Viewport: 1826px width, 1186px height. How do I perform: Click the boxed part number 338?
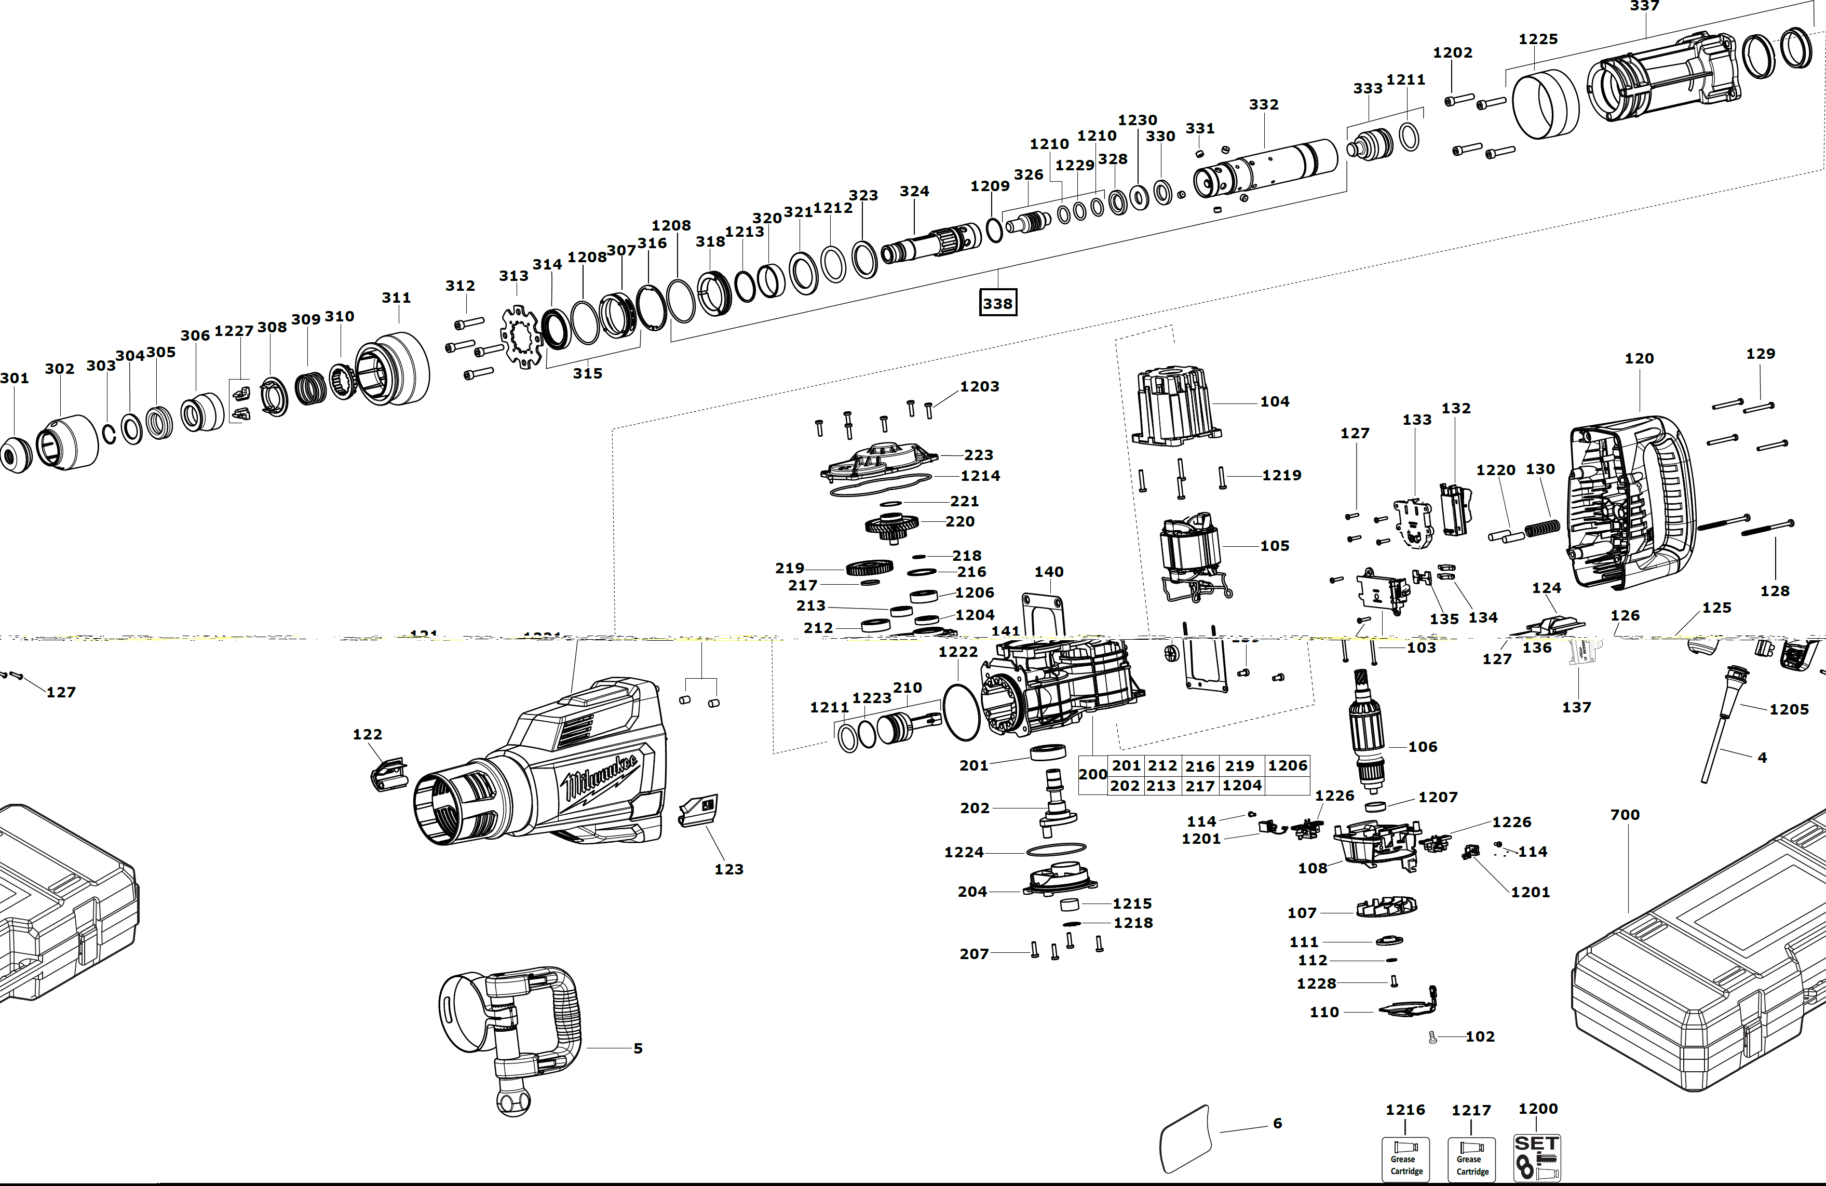[997, 303]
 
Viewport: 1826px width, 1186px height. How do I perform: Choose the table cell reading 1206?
[1288, 765]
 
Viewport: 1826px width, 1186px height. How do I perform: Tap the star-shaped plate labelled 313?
[521, 336]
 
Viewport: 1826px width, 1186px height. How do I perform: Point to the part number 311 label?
[397, 298]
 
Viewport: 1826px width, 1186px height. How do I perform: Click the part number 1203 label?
[980, 387]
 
